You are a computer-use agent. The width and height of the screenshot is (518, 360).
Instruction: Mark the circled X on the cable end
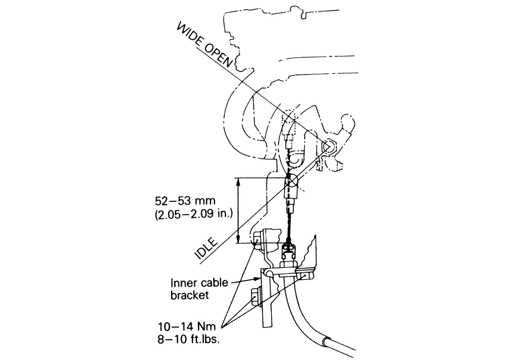(x=294, y=181)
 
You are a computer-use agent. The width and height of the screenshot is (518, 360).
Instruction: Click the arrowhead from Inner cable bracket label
(x=262, y=276)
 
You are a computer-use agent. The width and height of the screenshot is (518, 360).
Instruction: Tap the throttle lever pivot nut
(x=328, y=147)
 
